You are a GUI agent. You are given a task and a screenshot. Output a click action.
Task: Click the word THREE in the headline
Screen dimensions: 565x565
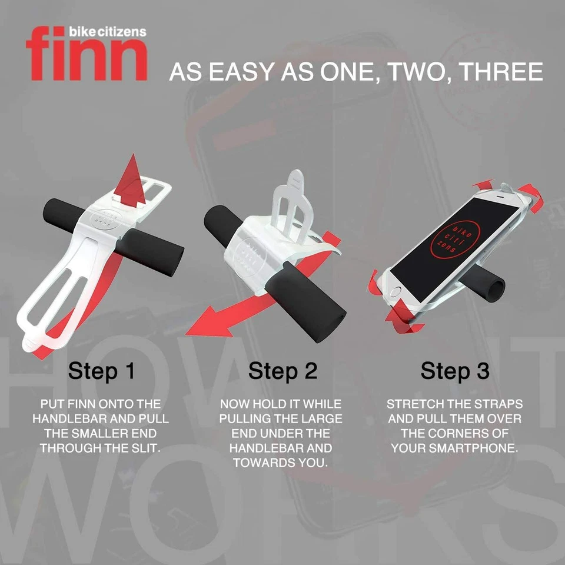coord(500,72)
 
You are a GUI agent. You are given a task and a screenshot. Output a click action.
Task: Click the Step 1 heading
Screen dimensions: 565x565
coord(102,371)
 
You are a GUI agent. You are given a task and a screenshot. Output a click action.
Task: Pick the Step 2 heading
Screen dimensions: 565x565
coord(282,371)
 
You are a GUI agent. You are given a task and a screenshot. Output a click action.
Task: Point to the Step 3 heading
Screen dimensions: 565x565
coord(454,371)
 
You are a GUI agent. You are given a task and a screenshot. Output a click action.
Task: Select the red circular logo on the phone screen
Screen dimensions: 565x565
coord(453,238)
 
